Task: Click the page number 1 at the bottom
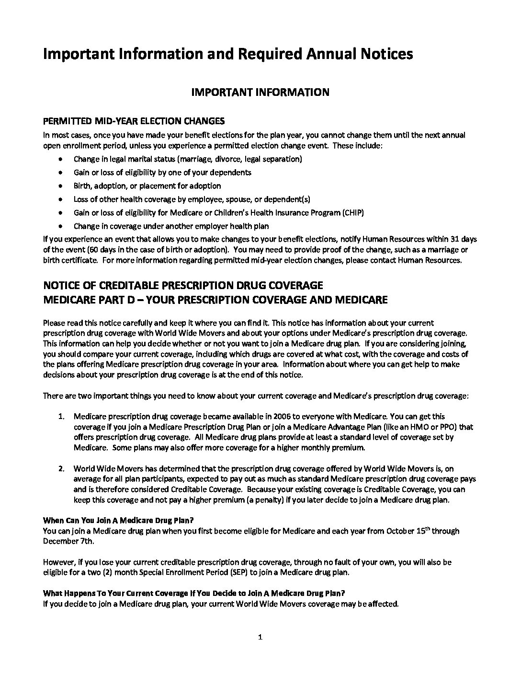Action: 260,637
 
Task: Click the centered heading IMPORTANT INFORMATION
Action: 260,93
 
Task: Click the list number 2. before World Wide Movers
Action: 61,468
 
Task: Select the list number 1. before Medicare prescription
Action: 61,417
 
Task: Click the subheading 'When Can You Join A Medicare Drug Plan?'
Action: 119,520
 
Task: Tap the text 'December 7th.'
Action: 68,541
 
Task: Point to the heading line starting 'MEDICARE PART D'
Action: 215,300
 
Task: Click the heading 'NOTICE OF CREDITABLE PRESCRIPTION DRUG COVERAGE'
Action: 183,286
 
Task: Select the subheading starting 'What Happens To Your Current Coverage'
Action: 194,593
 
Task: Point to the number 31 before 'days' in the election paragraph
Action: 452,239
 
